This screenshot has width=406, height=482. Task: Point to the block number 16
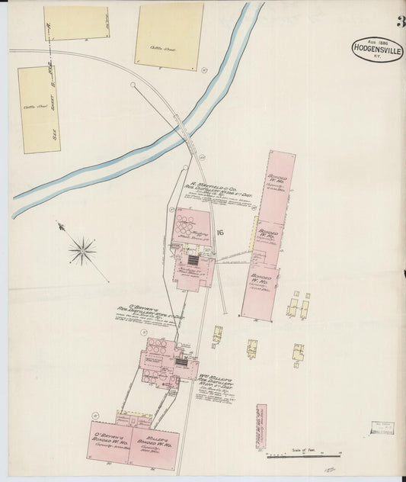pyautogui.click(x=219, y=232)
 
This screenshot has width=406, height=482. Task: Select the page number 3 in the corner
pyautogui.click(x=401, y=21)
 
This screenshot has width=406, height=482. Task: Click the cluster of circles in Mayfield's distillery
pyautogui.click(x=184, y=227)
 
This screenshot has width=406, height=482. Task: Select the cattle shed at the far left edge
pyautogui.click(x=38, y=108)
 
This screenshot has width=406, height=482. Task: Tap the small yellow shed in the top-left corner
pyautogui.click(x=75, y=23)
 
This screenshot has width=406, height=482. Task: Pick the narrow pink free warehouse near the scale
pyautogui.click(x=261, y=426)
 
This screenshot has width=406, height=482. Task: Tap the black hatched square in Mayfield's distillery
pyautogui.click(x=193, y=260)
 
